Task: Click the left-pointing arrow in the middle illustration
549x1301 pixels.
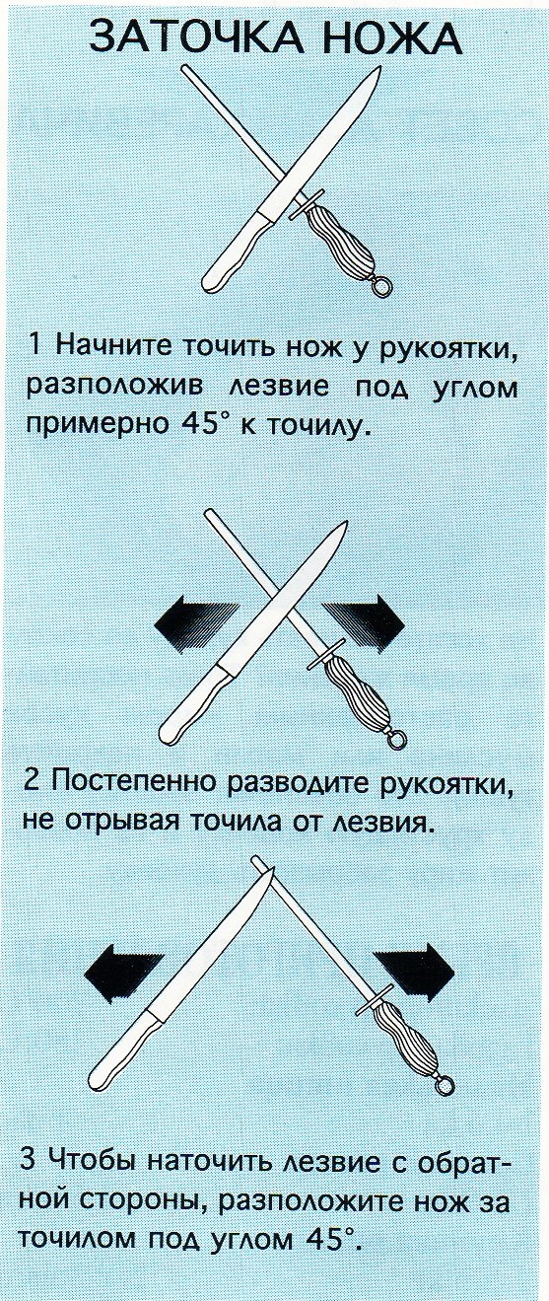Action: click(x=197, y=625)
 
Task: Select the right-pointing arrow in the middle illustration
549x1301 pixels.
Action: click(x=364, y=623)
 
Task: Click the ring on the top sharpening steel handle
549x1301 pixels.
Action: click(x=380, y=287)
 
